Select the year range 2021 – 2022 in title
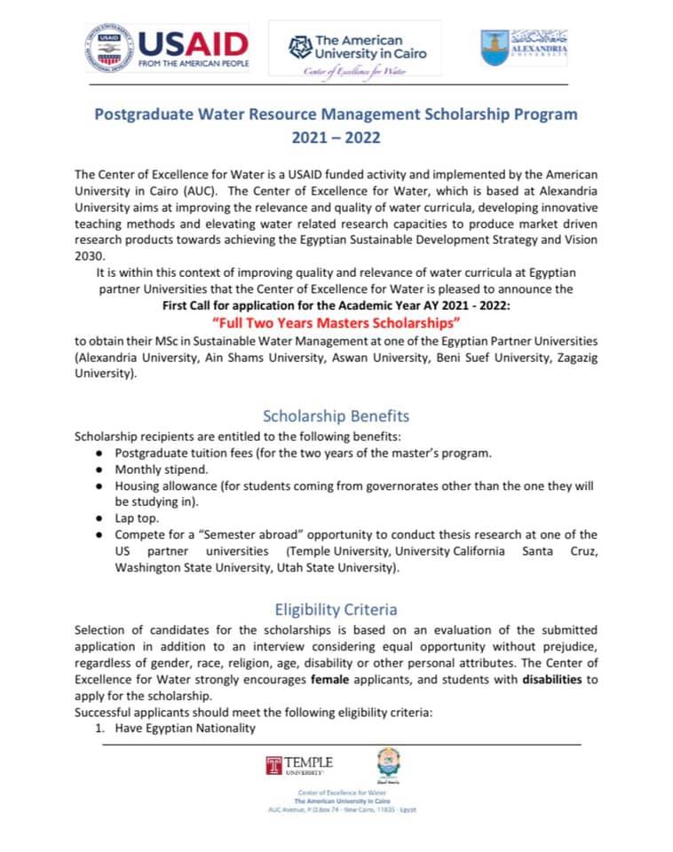[x=336, y=138]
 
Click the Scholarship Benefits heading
[x=336, y=415]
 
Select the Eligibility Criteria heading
[x=336, y=609]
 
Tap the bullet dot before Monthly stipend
[x=99, y=469]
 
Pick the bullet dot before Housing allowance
[x=99, y=486]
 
